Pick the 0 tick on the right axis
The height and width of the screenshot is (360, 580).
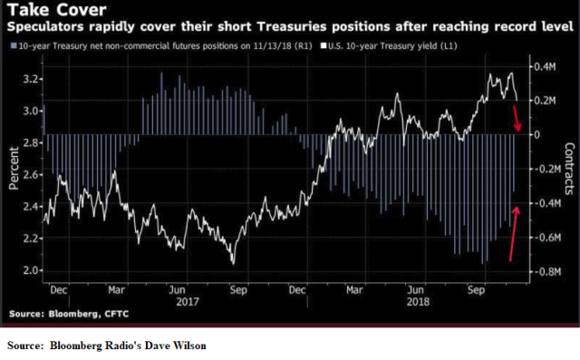(536, 134)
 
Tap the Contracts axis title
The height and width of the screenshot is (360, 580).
(570, 170)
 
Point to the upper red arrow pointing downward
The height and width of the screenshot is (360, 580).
(516, 117)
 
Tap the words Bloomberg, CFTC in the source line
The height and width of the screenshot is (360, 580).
(93, 313)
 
